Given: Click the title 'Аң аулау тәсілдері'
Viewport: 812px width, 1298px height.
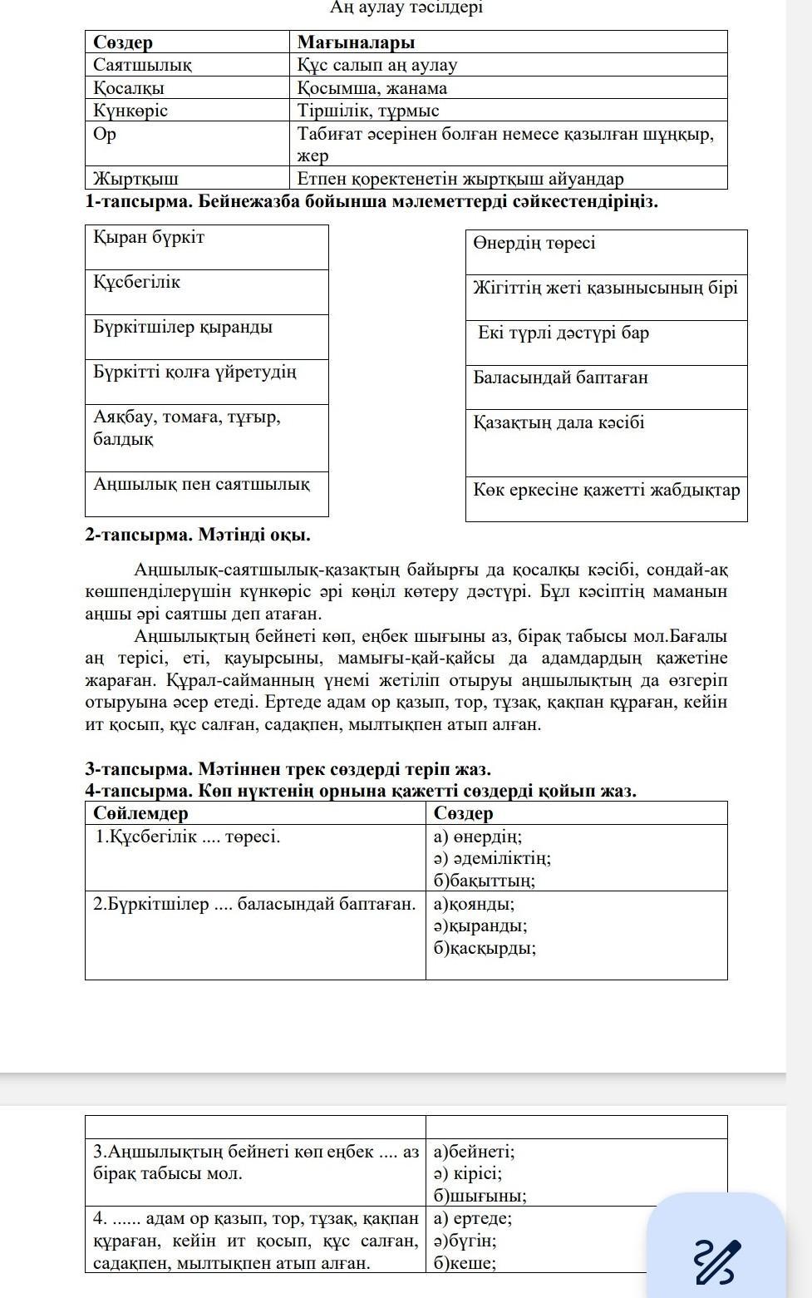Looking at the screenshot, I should (x=406, y=7).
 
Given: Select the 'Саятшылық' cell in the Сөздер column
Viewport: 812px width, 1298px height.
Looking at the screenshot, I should (x=143, y=65).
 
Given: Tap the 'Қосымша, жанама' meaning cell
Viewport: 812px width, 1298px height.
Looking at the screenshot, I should (x=372, y=88).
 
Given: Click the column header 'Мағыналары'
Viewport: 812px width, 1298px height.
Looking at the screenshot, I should (x=356, y=42).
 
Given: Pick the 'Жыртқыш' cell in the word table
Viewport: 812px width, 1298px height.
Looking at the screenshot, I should (x=136, y=178).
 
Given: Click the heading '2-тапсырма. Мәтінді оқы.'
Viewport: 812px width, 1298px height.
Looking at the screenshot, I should (x=198, y=535).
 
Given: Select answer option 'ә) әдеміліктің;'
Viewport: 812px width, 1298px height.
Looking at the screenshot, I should (x=492, y=858).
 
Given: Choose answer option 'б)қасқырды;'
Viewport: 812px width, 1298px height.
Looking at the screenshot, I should (x=485, y=948).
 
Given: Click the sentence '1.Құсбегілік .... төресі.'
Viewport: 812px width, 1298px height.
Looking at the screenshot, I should (x=188, y=837).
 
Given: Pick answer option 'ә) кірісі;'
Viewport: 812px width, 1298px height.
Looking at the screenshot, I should (x=468, y=1174).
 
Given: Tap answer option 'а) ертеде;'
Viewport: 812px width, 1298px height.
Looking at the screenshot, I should (x=473, y=1219).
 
